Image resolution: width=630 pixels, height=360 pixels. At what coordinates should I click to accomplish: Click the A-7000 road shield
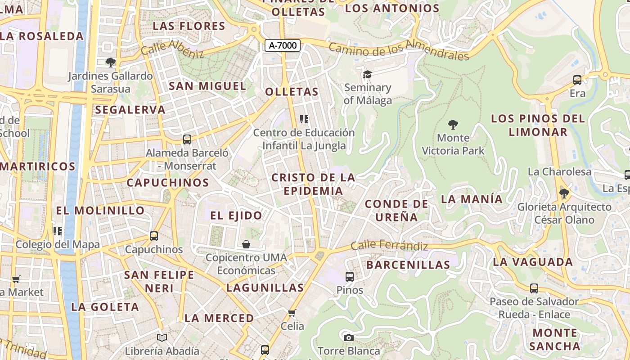283,45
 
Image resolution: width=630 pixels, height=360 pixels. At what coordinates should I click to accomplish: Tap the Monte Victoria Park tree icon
453,124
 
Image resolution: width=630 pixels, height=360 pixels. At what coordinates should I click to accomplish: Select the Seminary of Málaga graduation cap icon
368,74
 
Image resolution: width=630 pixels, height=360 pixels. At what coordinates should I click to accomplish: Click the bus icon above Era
577,80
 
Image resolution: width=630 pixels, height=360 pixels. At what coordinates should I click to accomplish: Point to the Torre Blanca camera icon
348,337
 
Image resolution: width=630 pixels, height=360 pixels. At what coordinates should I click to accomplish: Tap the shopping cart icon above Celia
292,312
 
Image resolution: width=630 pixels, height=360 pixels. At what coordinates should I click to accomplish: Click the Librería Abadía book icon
162,337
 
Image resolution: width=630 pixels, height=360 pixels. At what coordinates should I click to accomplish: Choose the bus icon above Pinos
350,276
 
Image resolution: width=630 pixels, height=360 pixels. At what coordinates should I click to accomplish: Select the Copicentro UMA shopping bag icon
246,244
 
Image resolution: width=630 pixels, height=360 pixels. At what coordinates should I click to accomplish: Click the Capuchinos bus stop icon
154,236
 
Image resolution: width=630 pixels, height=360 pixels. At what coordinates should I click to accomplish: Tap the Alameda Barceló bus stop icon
187,139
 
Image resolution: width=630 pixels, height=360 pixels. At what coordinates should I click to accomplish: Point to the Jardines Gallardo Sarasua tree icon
110,63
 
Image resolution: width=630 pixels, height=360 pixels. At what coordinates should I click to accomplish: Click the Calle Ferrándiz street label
389,246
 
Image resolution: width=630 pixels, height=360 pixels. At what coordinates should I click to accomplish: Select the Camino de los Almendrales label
399,50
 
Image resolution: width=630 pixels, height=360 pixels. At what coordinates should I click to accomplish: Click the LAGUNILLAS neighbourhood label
265,288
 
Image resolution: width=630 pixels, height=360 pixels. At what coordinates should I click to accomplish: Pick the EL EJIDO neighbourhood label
236,216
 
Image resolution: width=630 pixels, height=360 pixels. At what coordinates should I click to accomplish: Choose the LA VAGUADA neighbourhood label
533,262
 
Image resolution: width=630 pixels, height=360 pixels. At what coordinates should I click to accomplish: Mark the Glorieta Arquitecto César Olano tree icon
564,193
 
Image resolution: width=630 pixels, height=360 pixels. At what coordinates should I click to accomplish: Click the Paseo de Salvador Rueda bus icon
534,288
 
